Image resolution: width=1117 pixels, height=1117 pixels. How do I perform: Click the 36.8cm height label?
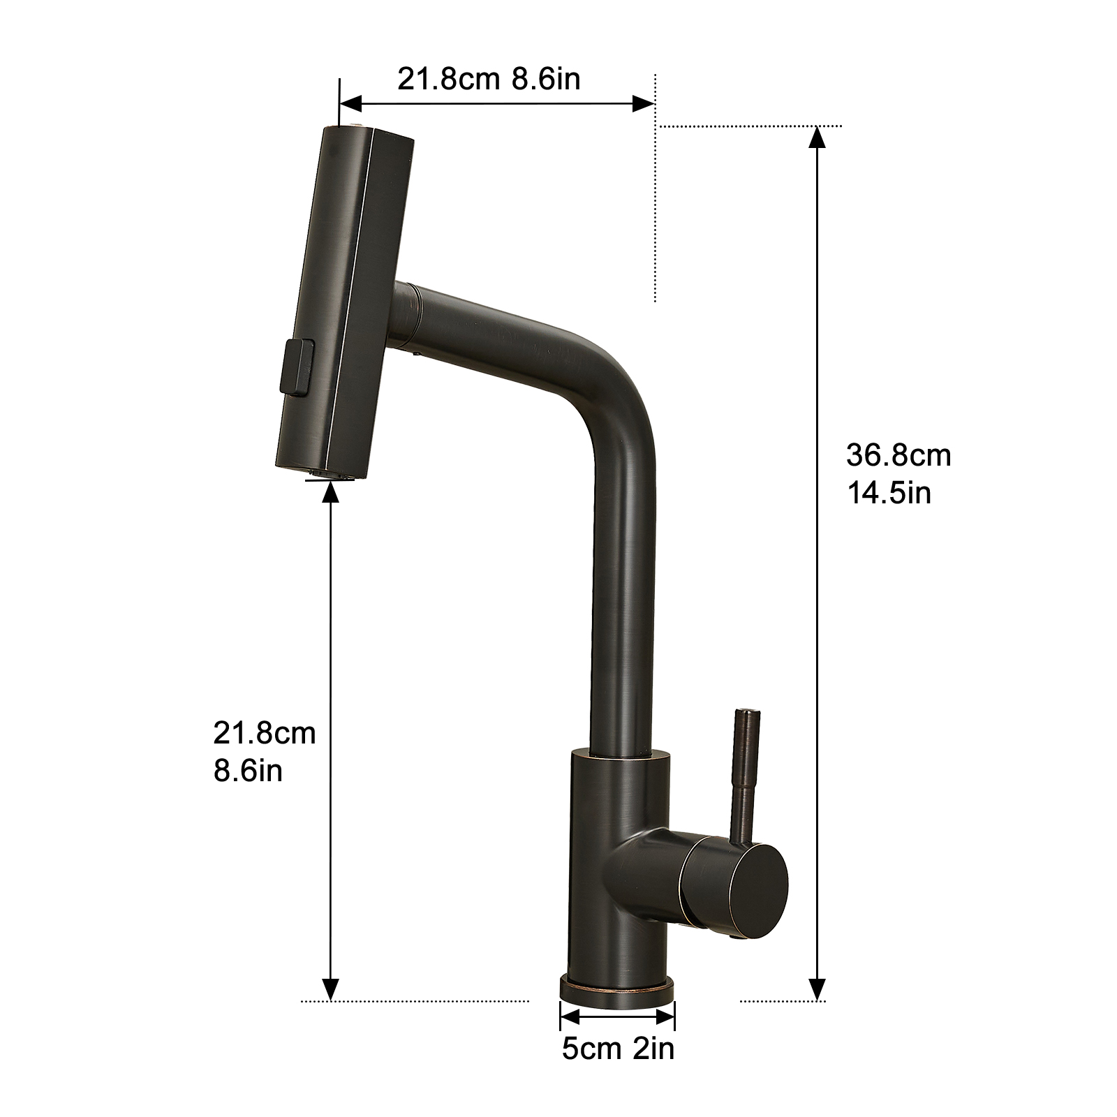point(898,456)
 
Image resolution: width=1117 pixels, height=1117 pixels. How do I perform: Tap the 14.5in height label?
point(889,493)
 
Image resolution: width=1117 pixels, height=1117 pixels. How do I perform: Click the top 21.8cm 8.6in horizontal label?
point(489,79)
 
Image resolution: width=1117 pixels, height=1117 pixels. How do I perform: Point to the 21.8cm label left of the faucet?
point(265,734)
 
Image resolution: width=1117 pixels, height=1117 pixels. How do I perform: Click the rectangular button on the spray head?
point(296,366)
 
